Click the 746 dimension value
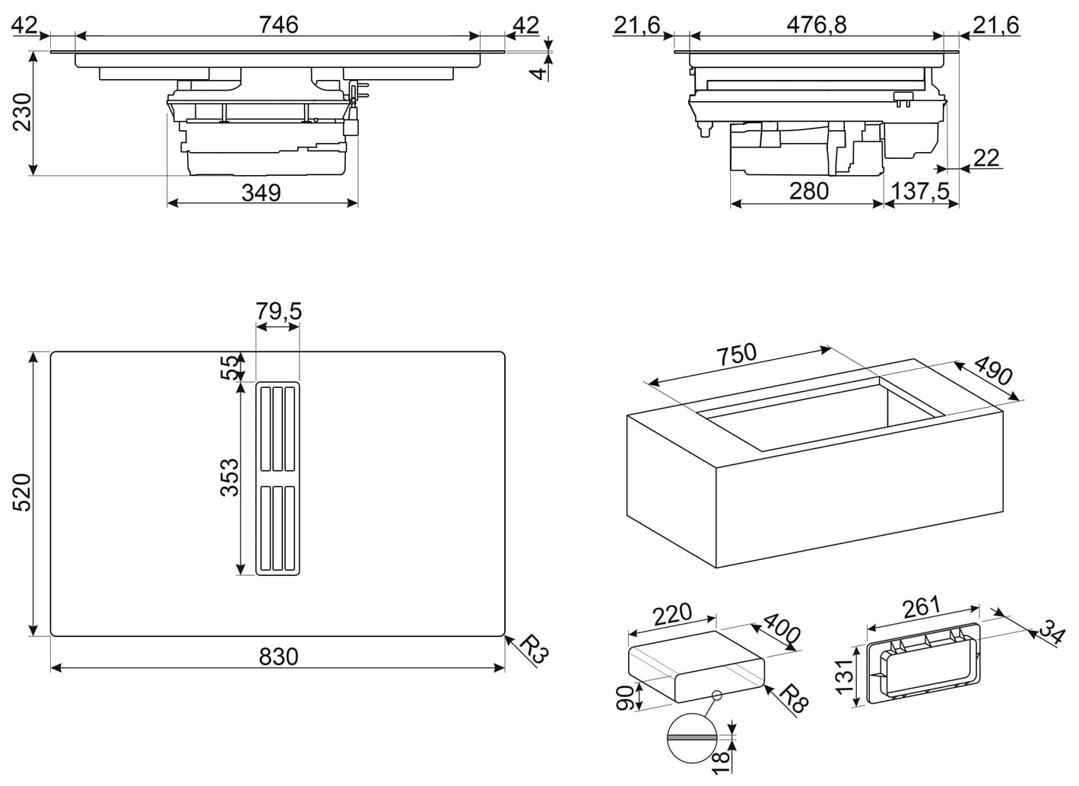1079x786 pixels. (278, 24)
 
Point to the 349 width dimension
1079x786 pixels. (261, 193)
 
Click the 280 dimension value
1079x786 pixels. (808, 191)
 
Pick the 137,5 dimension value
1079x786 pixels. (920, 191)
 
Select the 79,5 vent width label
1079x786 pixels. (278, 311)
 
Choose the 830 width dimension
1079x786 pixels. (278, 656)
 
